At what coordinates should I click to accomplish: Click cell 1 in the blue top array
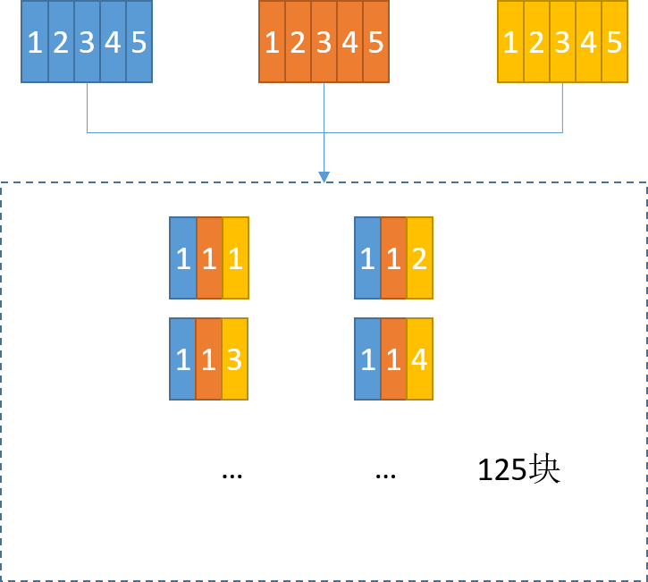coord(35,42)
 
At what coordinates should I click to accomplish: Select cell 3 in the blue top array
coord(87,42)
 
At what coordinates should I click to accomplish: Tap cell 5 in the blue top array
coord(139,42)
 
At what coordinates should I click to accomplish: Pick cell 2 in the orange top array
coord(299,42)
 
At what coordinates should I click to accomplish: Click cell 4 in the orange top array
coord(350,42)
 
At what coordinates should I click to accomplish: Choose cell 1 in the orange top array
coord(273,42)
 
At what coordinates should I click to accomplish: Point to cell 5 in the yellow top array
coord(615,42)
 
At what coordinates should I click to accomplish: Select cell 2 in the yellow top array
coord(536,42)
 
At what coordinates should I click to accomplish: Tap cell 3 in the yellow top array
coord(562,42)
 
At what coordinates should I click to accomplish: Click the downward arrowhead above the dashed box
coord(324,177)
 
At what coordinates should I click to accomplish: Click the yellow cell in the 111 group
coord(235,257)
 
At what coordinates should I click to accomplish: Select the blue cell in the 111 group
coord(183,257)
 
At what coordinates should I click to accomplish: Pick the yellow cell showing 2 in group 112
coord(419,257)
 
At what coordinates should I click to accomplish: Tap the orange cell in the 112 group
coord(393,257)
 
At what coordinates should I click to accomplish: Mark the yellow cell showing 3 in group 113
coord(234,358)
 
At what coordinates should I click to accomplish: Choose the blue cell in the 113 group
coord(183,358)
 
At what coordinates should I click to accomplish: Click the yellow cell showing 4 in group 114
coord(419,358)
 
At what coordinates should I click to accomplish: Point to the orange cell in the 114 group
coord(393,358)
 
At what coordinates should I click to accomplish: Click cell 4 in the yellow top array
coord(589,42)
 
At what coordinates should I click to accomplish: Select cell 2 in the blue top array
coord(61,42)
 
